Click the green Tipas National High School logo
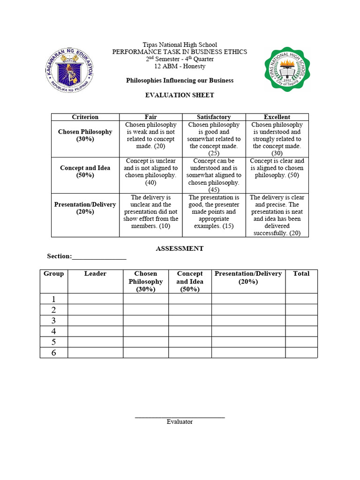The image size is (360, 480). (x=287, y=69)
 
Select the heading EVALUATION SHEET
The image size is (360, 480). (x=180, y=95)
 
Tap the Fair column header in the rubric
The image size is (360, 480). (x=151, y=117)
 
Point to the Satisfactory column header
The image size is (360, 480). (x=214, y=117)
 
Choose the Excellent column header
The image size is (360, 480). (x=277, y=117)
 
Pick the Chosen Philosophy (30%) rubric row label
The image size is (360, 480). (x=85, y=135)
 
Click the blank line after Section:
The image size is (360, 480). (x=99, y=257)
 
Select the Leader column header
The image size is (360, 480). (x=95, y=274)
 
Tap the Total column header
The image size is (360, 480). (x=301, y=274)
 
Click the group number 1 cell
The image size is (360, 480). (x=53, y=299)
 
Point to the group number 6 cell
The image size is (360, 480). (x=53, y=352)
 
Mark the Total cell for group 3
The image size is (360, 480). (x=301, y=321)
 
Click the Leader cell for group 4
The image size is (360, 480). (x=95, y=331)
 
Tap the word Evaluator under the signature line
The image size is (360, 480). (x=180, y=422)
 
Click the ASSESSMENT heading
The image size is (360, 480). (x=180, y=248)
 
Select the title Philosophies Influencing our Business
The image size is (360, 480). (x=180, y=81)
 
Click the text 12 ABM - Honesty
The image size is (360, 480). (x=180, y=67)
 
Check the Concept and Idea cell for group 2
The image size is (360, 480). (x=190, y=310)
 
